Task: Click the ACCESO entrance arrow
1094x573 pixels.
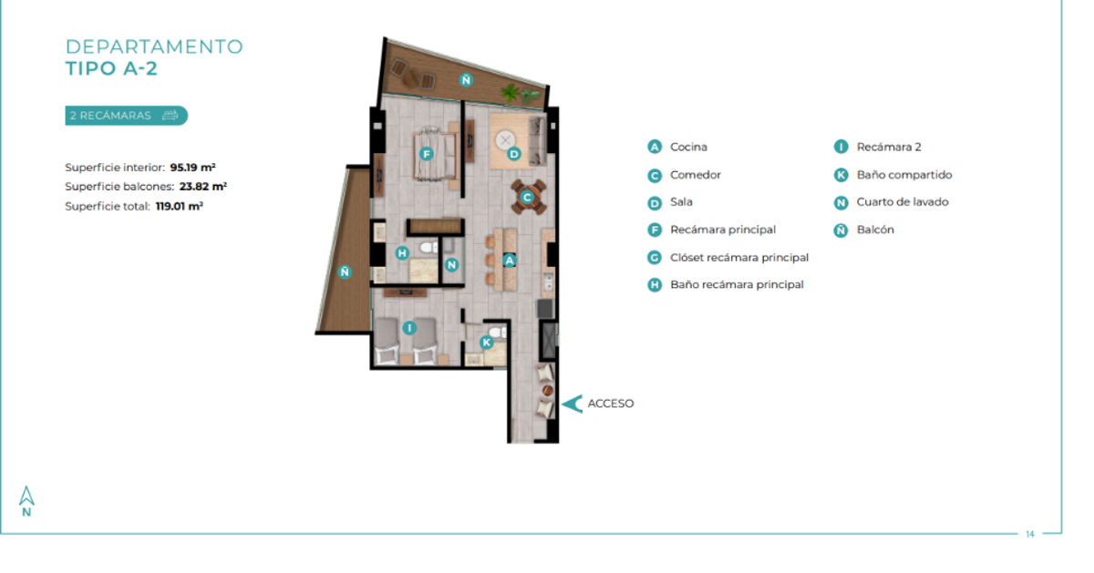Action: [573, 404]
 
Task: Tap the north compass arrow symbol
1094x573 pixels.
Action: [26, 496]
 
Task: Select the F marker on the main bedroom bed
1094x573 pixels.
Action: [427, 154]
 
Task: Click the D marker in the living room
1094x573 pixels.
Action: [514, 154]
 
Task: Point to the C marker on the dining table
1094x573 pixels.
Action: [527, 198]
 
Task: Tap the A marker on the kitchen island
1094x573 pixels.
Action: [510, 261]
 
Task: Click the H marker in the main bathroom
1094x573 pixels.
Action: [402, 253]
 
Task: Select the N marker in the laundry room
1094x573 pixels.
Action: [452, 265]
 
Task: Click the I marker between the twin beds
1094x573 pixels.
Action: [409, 328]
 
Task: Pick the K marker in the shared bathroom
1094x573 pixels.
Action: [487, 343]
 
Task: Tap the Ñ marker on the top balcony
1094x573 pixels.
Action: [466, 79]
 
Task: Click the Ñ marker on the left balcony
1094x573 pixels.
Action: [345, 271]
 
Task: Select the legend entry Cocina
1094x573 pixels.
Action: [688, 147]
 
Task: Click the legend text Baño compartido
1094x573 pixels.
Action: [904, 175]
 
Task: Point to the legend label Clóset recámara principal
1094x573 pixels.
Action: [739, 257]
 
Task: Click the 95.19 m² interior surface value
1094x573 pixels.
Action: [193, 168]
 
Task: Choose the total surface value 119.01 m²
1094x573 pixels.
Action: [180, 206]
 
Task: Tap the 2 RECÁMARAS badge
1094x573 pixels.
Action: [126, 116]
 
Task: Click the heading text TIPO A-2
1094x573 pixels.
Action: [111, 68]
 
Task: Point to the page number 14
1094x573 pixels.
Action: [1030, 534]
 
